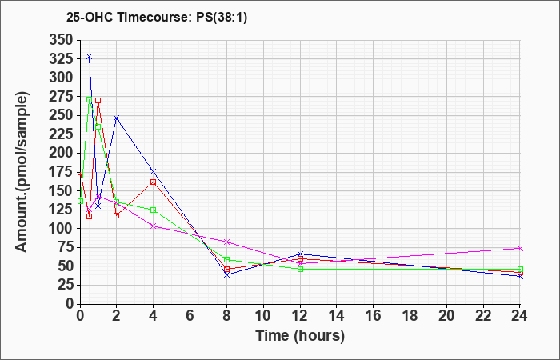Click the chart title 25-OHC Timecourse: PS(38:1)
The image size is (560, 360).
[x=157, y=18]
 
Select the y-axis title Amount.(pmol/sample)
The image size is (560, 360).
[x=22, y=172]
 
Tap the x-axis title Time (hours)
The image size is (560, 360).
[x=300, y=336]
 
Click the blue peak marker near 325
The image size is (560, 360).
[x=90, y=57]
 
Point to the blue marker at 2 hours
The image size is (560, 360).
[x=117, y=118]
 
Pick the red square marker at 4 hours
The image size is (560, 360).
[x=154, y=182]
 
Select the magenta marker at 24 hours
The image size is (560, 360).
[x=520, y=248]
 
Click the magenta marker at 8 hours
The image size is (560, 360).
[x=226, y=242]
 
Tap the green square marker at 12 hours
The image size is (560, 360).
[x=300, y=269]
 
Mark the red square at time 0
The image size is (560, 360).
[x=80, y=173]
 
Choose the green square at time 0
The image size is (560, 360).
[x=80, y=201]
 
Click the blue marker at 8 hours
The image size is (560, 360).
[x=226, y=274]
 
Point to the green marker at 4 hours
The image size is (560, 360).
[x=154, y=210]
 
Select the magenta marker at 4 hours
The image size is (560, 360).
[x=154, y=226]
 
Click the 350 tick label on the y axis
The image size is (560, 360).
[x=61, y=40]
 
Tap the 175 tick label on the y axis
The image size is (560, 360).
[x=61, y=172]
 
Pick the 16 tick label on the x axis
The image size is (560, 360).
[x=374, y=316]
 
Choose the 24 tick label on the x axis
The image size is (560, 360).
[x=519, y=316]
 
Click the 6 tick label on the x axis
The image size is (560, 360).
[x=190, y=316]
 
